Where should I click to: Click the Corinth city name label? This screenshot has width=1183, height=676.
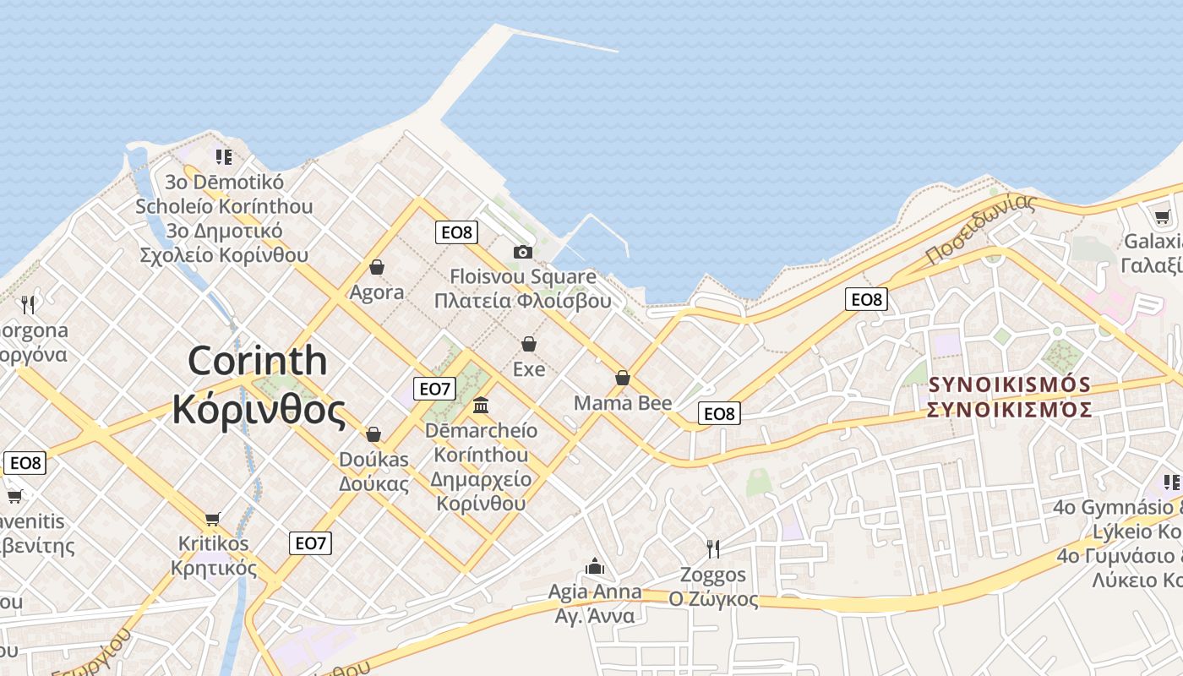point(258,385)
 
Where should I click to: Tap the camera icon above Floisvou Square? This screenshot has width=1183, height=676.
point(523,252)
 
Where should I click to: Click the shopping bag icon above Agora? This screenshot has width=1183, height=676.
point(377,267)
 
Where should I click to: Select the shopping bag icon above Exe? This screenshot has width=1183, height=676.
point(529,344)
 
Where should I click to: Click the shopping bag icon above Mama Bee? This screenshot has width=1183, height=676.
point(623,378)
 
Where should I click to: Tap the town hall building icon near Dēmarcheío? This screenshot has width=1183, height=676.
point(481,406)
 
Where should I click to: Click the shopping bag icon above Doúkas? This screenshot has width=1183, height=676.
point(373,434)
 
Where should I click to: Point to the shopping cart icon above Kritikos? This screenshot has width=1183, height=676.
point(213,518)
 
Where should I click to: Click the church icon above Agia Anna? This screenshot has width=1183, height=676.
point(595,566)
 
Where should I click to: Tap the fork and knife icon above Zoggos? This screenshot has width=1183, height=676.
point(713,549)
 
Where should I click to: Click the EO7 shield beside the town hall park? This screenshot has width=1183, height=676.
point(434,389)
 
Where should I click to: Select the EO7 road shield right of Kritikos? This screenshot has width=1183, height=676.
point(310,543)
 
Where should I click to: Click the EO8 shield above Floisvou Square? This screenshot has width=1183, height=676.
point(456,232)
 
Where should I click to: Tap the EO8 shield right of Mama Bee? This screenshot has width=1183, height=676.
point(719,413)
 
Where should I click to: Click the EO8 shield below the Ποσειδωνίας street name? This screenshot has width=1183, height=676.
point(866,299)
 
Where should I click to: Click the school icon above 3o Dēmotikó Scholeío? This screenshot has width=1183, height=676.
point(223,156)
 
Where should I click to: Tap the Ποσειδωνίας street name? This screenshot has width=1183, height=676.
point(980,228)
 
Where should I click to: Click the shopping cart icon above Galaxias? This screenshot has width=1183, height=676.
point(1163,216)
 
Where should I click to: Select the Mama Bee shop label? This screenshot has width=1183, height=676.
point(623,403)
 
